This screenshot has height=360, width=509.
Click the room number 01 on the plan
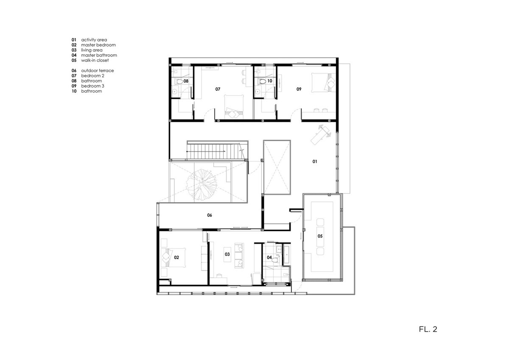tap(315, 162)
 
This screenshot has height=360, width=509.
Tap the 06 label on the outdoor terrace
tap(210, 215)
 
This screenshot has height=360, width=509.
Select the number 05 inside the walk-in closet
tap(320, 236)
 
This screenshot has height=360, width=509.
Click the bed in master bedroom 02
tap(173, 257)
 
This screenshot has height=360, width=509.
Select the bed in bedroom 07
tap(234, 107)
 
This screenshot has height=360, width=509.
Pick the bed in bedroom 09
tap(323, 83)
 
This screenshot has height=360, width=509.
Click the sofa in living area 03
tap(239, 256)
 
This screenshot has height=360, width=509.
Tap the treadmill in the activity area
tap(321, 135)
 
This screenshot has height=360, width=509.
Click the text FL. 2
tap(428, 329)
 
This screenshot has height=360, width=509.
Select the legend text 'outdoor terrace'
tap(98, 71)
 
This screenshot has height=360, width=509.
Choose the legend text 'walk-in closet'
tap(95, 60)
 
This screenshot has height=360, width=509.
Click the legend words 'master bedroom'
tap(98, 45)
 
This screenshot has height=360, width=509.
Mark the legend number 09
tap(74, 86)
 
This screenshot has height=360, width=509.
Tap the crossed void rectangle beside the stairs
tap(277, 167)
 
